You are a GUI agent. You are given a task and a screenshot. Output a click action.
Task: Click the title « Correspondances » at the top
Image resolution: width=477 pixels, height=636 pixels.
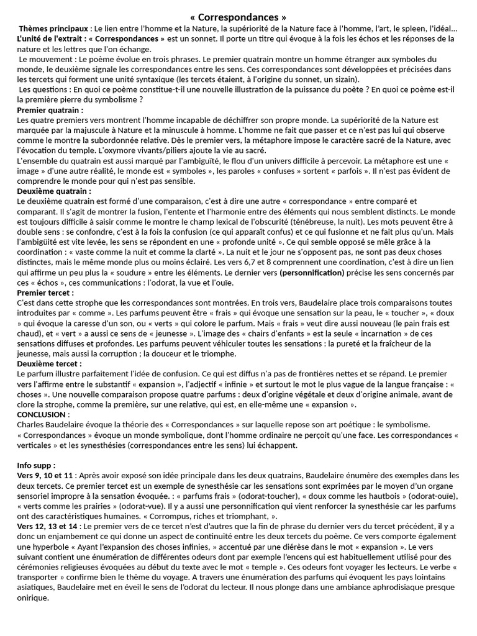pyautogui.click(x=238, y=17)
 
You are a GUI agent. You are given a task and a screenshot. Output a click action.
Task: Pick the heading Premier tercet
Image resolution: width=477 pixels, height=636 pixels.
pyautogui.click(x=45, y=292)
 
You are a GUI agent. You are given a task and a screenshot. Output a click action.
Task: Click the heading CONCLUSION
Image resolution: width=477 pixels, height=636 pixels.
pyautogui.click(x=42, y=414)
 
